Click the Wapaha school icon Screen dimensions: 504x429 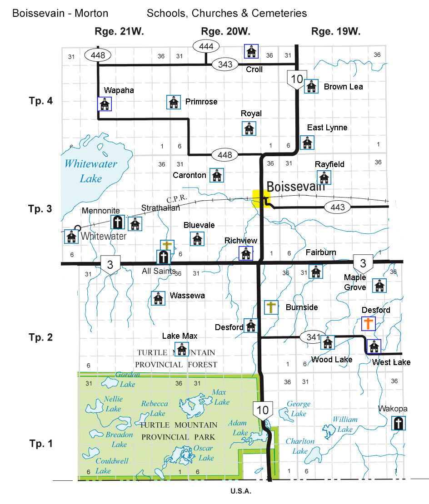pos(105,104)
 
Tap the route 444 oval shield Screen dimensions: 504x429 pos(206,46)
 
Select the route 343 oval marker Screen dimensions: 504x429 pos(225,64)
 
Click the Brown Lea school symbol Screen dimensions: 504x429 pos(311,86)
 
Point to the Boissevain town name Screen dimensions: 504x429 pos(296,186)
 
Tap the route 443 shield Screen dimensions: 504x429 pos(338,208)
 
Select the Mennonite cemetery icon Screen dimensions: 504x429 pos(118,222)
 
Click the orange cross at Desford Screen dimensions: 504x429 pos(368,323)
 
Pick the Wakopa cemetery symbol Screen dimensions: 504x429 pos(399,423)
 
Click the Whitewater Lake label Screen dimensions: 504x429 pos(91,171)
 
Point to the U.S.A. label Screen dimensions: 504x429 pos(241,491)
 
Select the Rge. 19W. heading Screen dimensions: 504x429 pos(335,31)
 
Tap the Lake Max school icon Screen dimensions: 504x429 pos(181,349)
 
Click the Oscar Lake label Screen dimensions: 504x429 pos(203,453)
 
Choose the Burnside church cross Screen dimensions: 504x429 pos(271,307)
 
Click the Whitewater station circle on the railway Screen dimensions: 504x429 pos(78,228)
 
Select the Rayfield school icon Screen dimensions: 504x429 pos(324,177)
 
